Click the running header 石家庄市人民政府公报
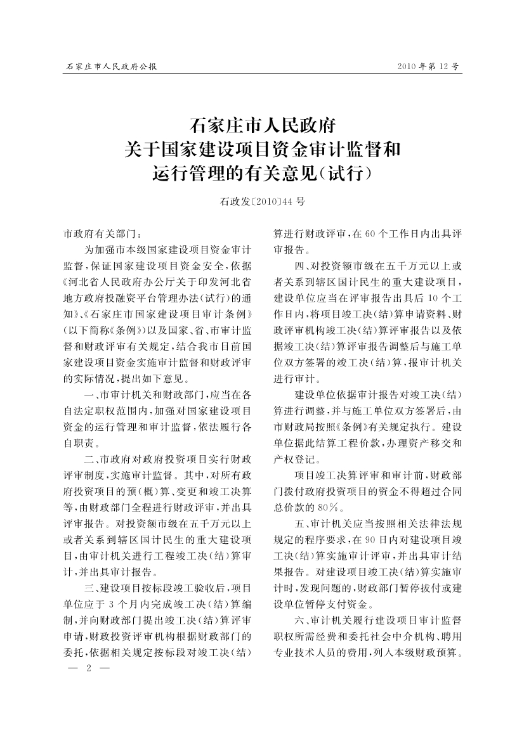pos(111,66)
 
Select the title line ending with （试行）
pos(262,172)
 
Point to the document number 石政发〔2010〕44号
pos(262,202)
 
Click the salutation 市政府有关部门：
pos(99,233)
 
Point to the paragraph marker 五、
pos(302,524)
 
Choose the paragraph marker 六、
pos(302,617)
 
